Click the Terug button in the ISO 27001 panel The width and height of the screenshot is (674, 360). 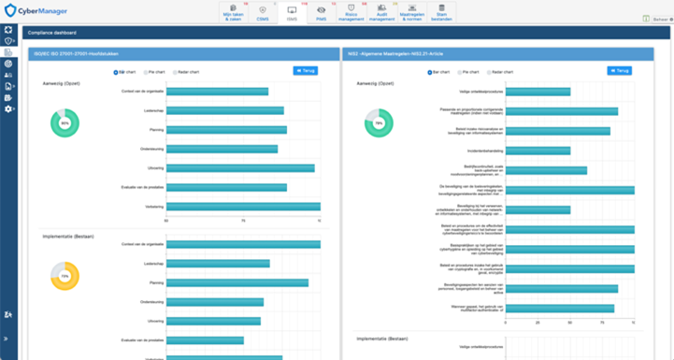pos(306,70)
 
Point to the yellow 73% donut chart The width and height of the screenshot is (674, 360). pos(65,276)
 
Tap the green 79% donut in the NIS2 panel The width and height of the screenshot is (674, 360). pos(379,122)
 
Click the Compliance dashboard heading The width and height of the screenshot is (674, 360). pos(52,32)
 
